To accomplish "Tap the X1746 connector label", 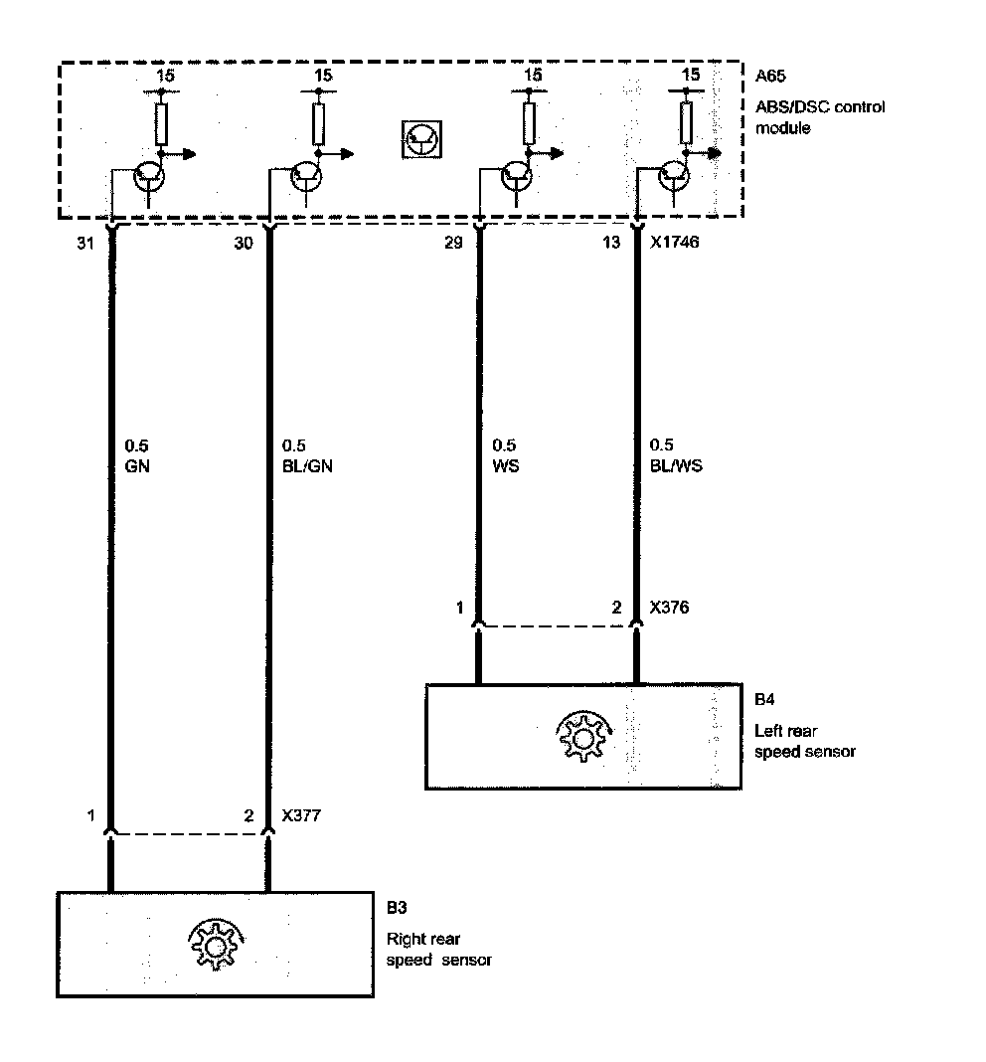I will (673, 242).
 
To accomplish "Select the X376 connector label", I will (669, 606).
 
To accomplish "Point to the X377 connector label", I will (302, 816).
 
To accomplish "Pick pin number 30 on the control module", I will (244, 242).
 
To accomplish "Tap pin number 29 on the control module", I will (456, 242).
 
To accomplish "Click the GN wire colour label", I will (138, 464).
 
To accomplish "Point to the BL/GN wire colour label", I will (304, 464).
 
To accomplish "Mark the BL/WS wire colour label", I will (675, 464).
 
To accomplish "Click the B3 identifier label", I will (396, 908).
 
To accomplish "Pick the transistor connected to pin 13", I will (674, 176).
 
